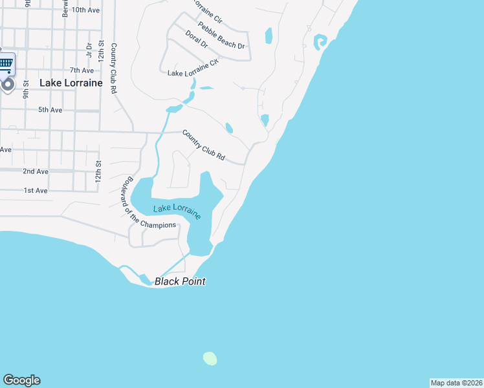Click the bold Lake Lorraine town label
pyautogui.click(x=71, y=83)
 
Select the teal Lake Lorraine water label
pyautogui.click(x=177, y=211)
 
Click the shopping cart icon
pyautogui.click(x=6, y=63)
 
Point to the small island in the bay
pyautogui.click(x=210, y=358)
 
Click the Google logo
pyautogui.click(x=21, y=380)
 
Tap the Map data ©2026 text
pyautogui.click(x=456, y=383)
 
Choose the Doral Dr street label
pyautogui.click(x=196, y=39)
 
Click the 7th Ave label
pyautogui.click(x=82, y=70)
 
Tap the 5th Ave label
pyautogui.click(x=50, y=110)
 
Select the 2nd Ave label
pyautogui.click(x=36, y=171)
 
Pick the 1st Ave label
pyautogui.click(x=36, y=191)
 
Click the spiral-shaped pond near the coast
pyautogui.click(x=320, y=43)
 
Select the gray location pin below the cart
pyautogui.click(x=7, y=85)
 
